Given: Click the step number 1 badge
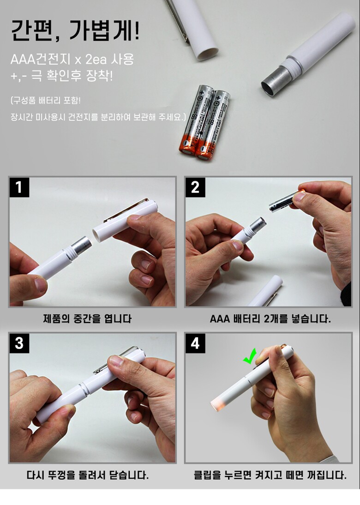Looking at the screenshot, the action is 19,187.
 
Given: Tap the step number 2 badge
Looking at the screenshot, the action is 195,187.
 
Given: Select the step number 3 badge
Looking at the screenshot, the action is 19,343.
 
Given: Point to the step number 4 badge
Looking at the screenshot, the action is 195,343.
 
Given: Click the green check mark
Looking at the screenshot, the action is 250,356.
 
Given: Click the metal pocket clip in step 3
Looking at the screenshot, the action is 116,360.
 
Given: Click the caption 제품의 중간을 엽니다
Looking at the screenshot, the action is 87,319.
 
